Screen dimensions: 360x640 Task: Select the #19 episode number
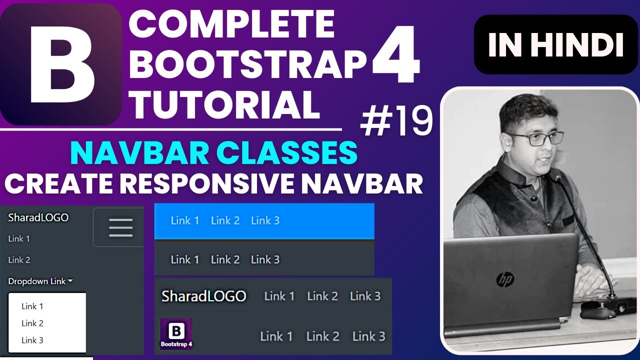pyautogui.click(x=396, y=123)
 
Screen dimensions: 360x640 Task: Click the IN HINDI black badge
pyautogui.click(x=555, y=45)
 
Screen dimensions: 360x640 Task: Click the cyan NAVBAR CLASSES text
pyautogui.click(x=214, y=153)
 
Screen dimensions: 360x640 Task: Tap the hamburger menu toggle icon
pyautogui.click(x=120, y=227)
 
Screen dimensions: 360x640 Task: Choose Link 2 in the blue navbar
pyautogui.click(x=225, y=220)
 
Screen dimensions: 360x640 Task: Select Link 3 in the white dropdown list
pyautogui.click(x=32, y=340)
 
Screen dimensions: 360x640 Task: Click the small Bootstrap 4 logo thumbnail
pyautogui.click(x=176, y=334)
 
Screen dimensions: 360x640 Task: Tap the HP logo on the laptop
pyautogui.click(x=505, y=279)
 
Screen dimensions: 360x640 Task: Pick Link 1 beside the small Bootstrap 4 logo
pyautogui.click(x=276, y=336)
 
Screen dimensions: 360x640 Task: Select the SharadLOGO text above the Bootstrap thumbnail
pyautogui.click(x=204, y=296)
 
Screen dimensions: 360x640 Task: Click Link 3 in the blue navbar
pyautogui.click(x=265, y=220)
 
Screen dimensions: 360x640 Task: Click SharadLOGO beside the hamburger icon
pyautogui.click(x=38, y=217)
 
